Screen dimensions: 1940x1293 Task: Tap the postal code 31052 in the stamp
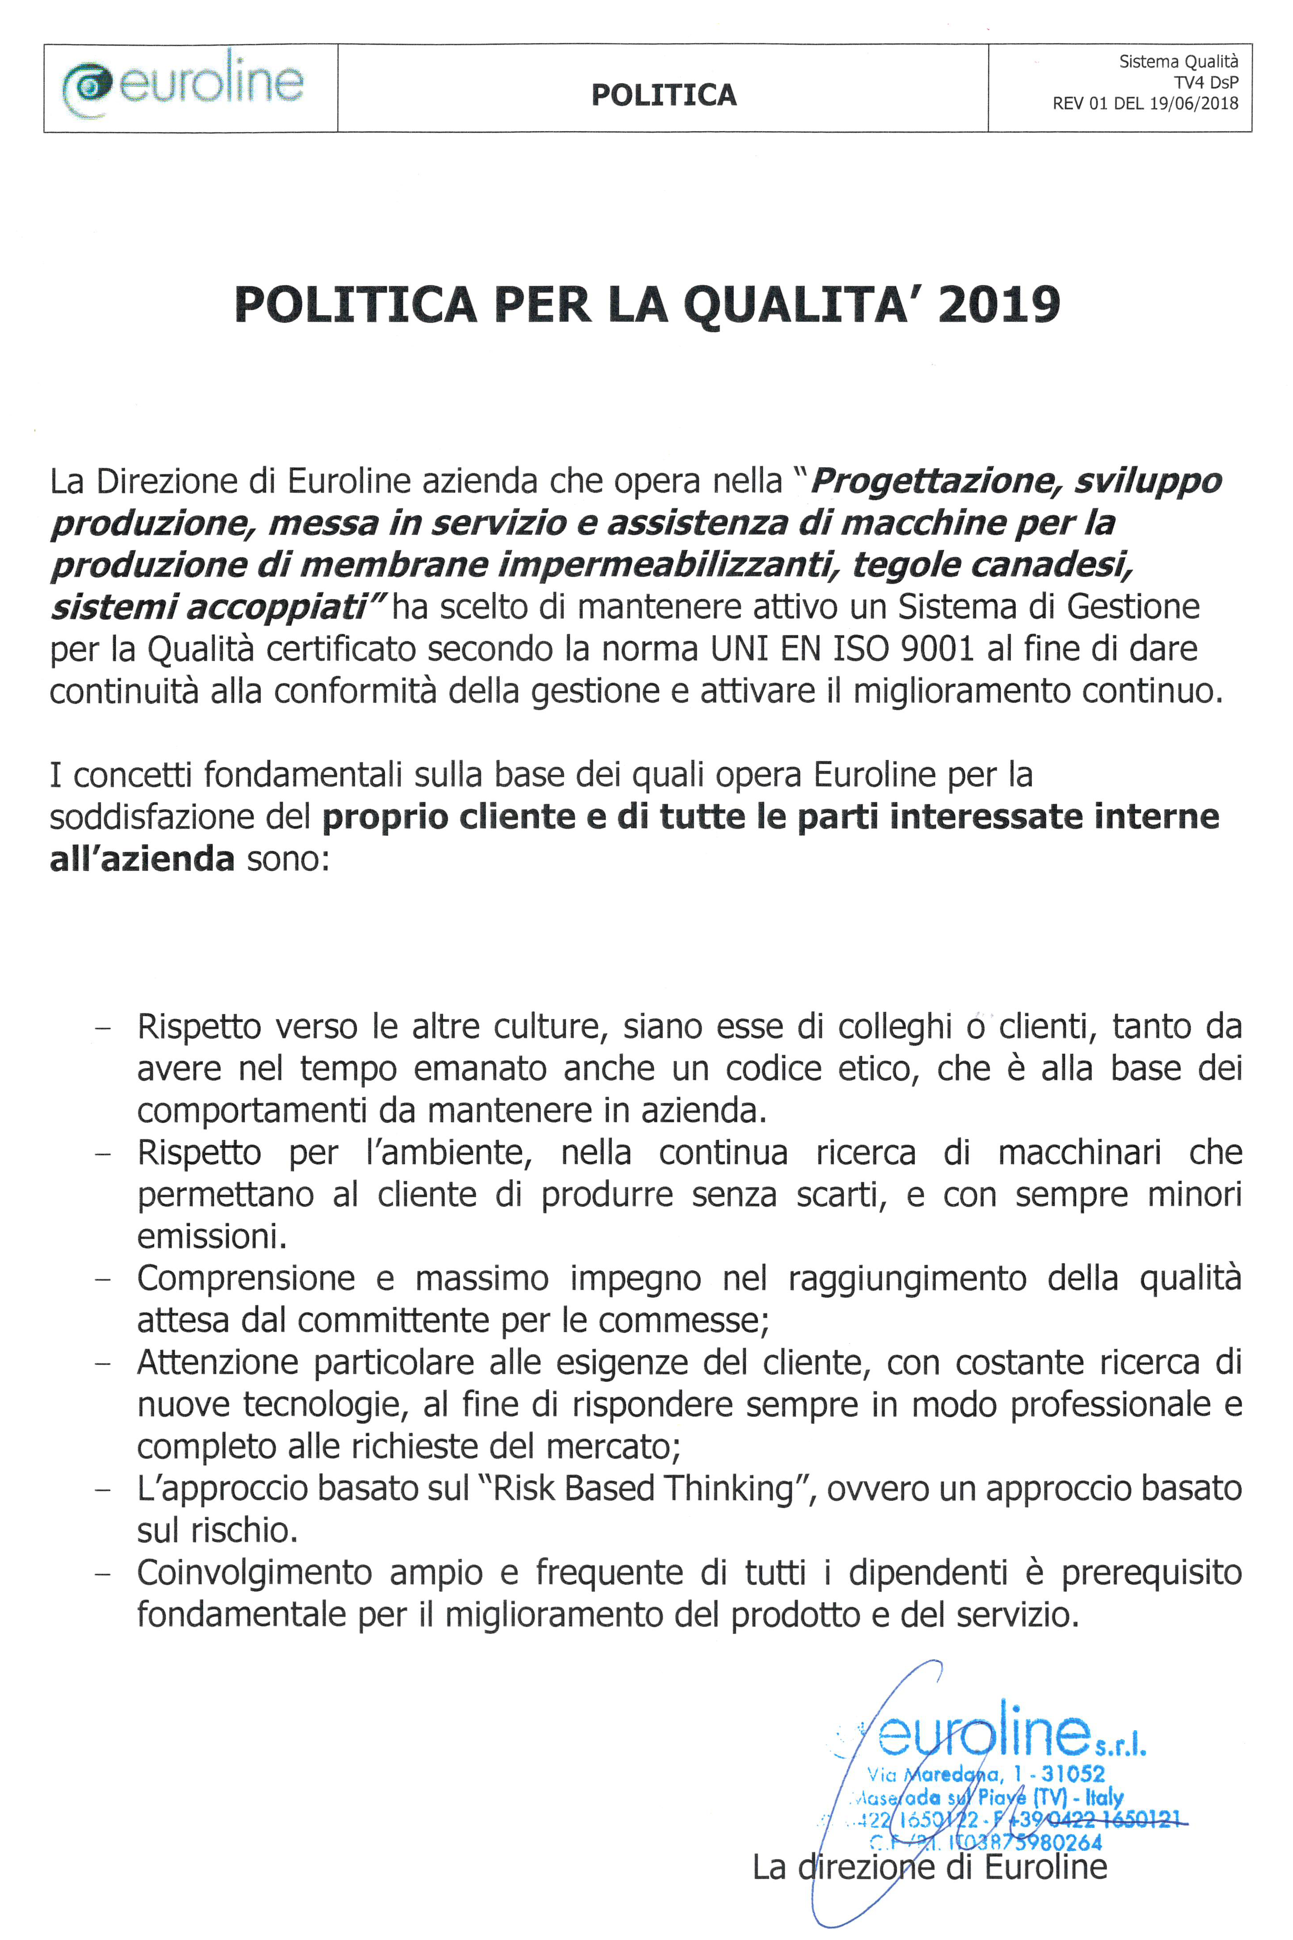click(x=1072, y=1773)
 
